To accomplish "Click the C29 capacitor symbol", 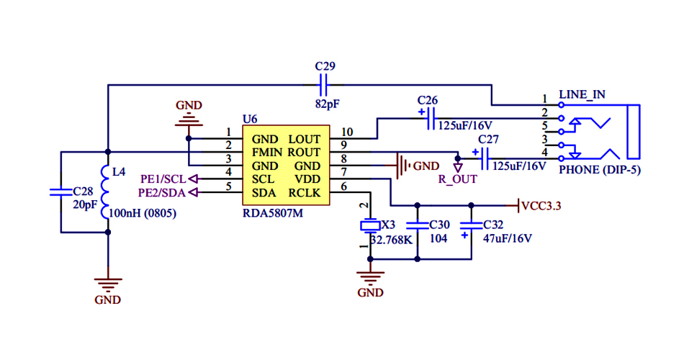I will click(x=325, y=86).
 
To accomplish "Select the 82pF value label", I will click(x=328, y=104).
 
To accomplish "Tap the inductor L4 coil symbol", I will click(x=108, y=194).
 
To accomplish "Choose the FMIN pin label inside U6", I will click(x=267, y=153).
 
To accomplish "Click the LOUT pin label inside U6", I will click(x=305, y=139).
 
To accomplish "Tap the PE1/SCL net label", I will click(x=163, y=179).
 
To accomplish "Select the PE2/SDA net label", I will click(x=163, y=192).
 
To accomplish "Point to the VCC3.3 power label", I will click(x=541, y=206).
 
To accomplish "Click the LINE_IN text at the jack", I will click(x=582, y=94).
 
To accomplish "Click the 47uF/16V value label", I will click(x=508, y=238).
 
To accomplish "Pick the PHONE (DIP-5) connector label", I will click(x=600, y=170).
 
